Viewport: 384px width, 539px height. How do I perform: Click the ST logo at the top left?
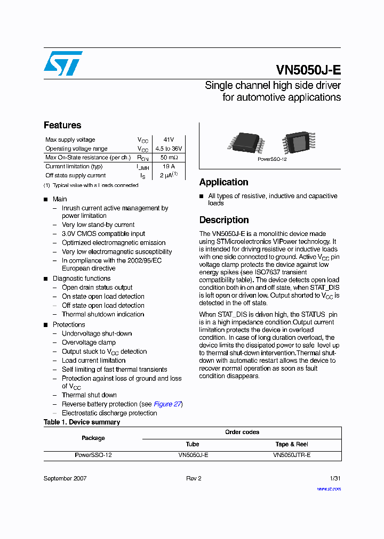(63, 63)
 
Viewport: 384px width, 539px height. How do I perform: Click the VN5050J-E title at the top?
(308, 71)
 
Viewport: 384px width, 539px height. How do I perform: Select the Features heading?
(62, 125)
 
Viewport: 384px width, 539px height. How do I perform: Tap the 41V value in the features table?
(169, 140)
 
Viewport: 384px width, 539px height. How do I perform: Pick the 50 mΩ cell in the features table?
(169, 158)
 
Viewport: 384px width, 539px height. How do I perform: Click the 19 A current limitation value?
(169, 167)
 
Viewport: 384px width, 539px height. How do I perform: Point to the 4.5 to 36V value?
(169, 149)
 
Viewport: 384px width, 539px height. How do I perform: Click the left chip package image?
(246, 142)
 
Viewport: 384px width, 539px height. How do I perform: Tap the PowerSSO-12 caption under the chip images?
(272, 159)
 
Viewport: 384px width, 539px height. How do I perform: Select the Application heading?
(223, 182)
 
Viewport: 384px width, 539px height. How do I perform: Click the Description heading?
(224, 220)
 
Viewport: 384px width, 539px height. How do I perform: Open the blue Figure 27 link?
(167, 404)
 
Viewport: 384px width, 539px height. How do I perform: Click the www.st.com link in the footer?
(329, 488)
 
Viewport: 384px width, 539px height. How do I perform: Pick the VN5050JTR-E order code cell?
(292, 455)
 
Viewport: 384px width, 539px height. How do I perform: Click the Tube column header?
(193, 444)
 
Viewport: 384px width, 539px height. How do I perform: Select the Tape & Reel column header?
(292, 444)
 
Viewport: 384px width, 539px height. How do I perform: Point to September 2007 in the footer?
(65, 478)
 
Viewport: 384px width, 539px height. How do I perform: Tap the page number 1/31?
(335, 478)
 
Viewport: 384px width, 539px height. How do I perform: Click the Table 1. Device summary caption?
(82, 422)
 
